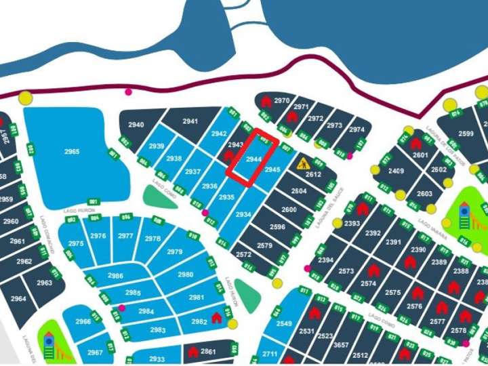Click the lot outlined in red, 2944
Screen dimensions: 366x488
(x=253, y=159)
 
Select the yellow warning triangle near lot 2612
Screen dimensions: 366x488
(x=303, y=163)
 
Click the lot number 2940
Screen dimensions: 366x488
(x=136, y=125)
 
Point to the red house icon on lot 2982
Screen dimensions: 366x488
(x=217, y=317)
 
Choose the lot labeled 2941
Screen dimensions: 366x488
(x=191, y=121)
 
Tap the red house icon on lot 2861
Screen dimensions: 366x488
(x=193, y=352)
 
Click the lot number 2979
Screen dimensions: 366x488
(x=174, y=251)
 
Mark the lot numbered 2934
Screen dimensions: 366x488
(x=243, y=214)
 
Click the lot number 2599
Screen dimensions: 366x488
(x=466, y=134)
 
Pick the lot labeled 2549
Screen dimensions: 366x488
(x=285, y=323)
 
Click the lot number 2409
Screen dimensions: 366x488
(x=396, y=171)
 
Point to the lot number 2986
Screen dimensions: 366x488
(x=116, y=276)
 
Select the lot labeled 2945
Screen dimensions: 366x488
(x=272, y=169)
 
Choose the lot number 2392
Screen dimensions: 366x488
(x=373, y=233)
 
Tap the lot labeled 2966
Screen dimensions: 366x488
(x=83, y=321)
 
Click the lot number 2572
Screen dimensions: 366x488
(x=244, y=254)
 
